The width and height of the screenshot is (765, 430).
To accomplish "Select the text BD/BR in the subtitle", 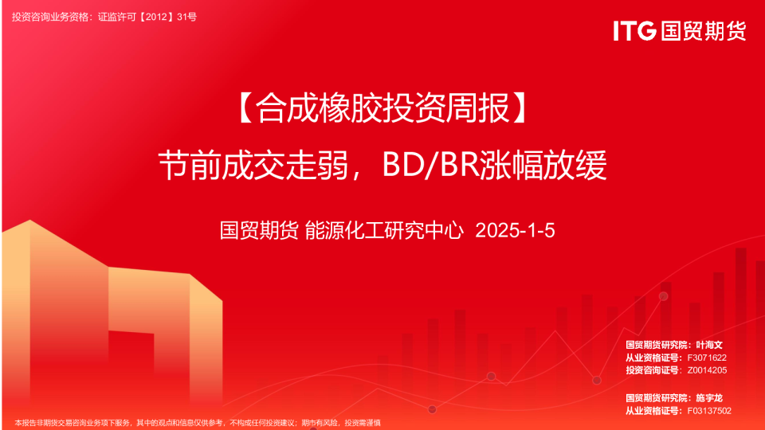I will [x=430, y=166].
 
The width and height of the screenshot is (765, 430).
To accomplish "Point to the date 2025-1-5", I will [x=515, y=232].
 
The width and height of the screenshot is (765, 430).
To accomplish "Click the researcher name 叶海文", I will [x=708, y=345].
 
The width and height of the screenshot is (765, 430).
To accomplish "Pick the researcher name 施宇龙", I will [x=708, y=397].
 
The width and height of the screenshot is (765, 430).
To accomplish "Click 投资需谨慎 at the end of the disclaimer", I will [x=362, y=422].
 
